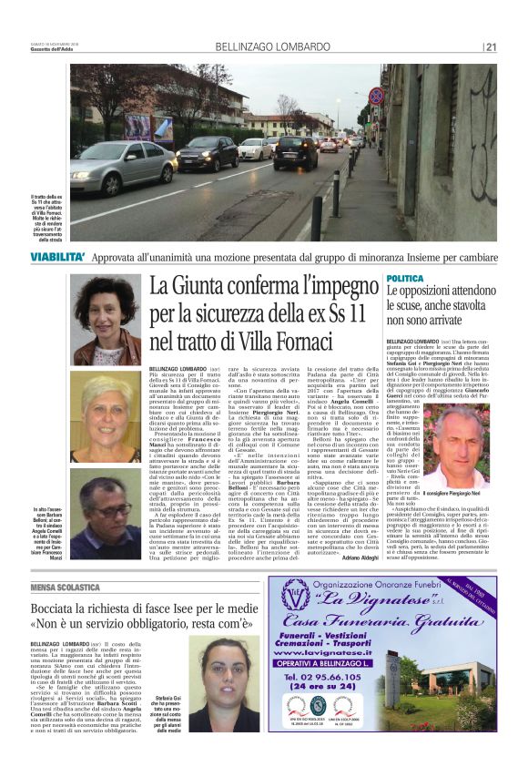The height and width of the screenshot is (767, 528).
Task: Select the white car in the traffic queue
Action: pyautogui.click(x=256, y=148)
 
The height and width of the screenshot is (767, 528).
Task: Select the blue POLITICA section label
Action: pyautogui.click(x=405, y=277)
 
